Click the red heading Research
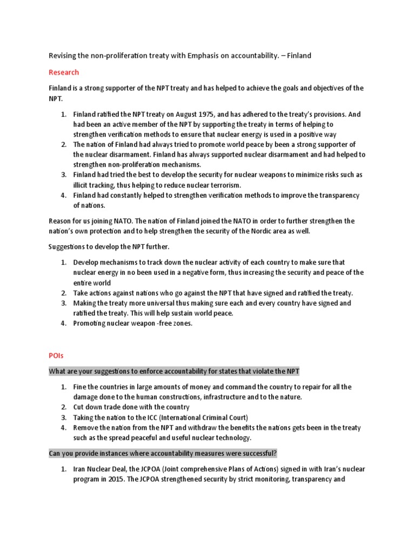64,72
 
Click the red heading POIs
56,356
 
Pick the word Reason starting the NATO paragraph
60,221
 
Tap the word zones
181,323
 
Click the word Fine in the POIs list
80,387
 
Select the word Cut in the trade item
79,407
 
